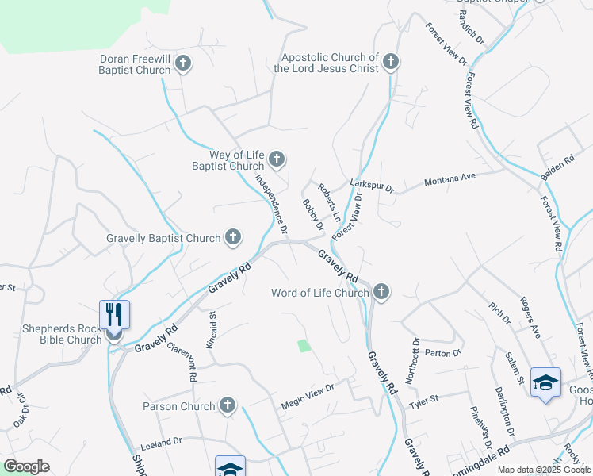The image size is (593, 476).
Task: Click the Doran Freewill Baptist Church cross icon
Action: coord(183,63)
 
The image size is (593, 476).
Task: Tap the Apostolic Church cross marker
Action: coord(390,62)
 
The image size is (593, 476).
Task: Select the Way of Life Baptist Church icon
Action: coord(277,160)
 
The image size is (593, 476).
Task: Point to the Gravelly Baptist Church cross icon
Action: coord(233,236)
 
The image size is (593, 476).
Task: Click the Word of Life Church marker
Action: coord(381,292)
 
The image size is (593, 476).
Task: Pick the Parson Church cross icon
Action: coord(228,405)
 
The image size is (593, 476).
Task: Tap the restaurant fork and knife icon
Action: coord(114,314)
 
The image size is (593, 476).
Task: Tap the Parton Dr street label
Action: coord(442,352)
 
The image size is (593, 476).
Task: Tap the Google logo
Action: coord(26,466)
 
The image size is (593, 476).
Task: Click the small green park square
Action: coord(304,345)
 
